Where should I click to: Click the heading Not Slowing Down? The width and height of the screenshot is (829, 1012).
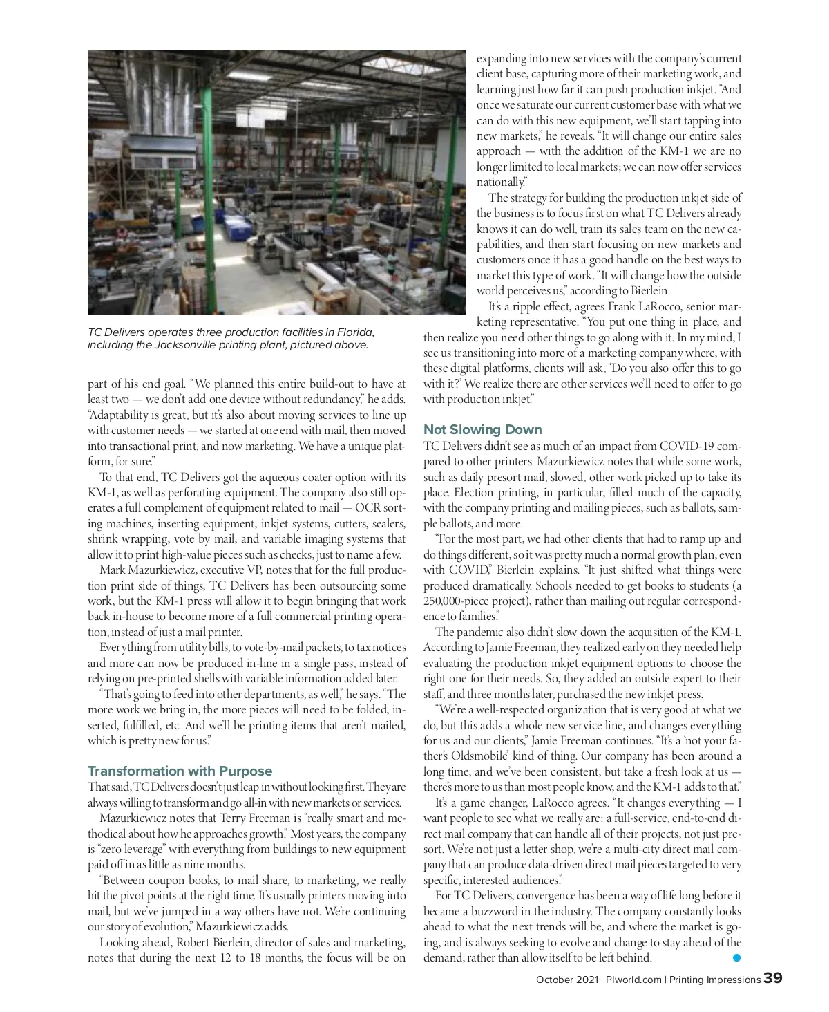click(482, 429)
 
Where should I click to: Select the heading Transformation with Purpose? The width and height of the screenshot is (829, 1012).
click(180, 771)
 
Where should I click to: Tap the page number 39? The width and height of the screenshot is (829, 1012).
click(773, 978)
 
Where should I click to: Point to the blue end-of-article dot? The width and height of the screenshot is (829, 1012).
click(736, 957)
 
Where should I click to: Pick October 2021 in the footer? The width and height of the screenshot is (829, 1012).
click(567, 980)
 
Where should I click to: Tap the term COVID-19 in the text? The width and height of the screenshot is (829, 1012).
click(689, 446)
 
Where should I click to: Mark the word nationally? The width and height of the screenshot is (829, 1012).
click(500, 182)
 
